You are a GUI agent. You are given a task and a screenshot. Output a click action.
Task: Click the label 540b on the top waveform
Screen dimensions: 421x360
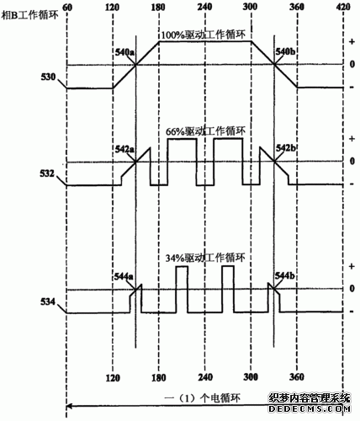(284, 53)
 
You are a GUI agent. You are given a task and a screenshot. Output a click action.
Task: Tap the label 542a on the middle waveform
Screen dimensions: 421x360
(125, 150)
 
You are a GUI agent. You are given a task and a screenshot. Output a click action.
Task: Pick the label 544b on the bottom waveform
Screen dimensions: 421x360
(284, 276)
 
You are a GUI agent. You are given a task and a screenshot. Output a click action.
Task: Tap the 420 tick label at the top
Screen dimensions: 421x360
(341, 6)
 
